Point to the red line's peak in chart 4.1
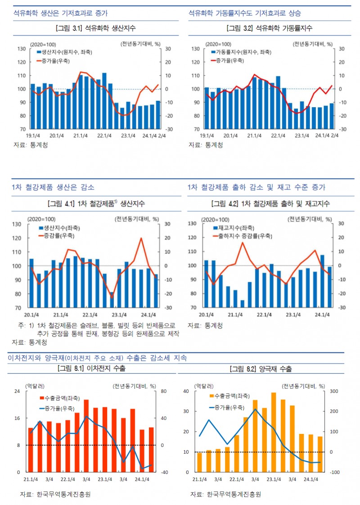(141, 238)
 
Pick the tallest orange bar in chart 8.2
(274, 432)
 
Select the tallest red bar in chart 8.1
(86, 436)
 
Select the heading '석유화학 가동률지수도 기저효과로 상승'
(245, 13)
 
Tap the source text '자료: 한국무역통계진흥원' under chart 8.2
(225, 494)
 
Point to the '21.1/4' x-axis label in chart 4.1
(60, 315)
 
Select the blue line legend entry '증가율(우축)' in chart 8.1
(57, 409)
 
